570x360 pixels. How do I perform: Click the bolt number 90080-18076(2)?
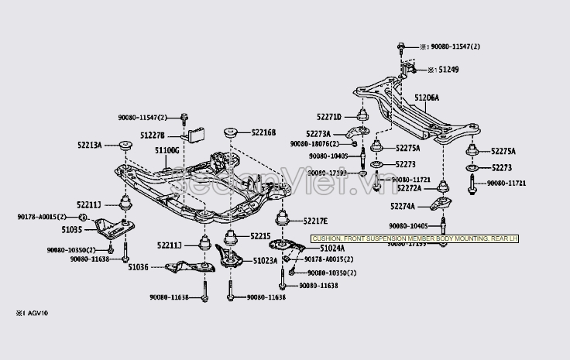317,143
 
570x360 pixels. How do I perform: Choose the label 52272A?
409,188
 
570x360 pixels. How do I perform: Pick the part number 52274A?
402,206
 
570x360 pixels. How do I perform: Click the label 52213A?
89,144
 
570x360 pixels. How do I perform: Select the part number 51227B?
152,135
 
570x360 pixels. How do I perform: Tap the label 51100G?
167,149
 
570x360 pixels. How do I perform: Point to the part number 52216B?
263,132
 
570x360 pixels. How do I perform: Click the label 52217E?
315,221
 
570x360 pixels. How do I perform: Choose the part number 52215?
260,235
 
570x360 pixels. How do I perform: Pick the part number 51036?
138,266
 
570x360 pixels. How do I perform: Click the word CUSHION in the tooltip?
329,239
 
